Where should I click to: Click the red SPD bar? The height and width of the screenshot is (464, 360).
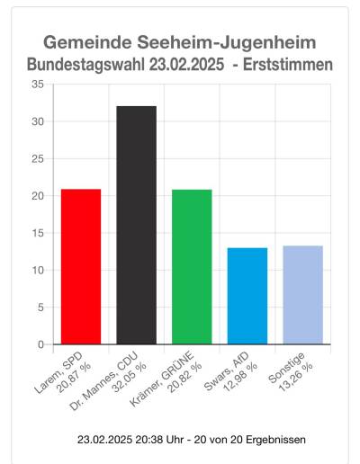[81, 267]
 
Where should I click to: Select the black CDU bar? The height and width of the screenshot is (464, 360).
[137, 225]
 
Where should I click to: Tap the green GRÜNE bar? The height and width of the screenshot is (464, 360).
[192, 267]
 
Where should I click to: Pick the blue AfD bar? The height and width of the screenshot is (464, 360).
[247, 296]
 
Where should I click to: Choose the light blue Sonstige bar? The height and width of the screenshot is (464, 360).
[303, 295]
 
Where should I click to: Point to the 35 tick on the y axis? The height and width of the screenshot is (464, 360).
[37, 85]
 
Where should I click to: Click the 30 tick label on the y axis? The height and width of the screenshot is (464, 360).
[37, 121]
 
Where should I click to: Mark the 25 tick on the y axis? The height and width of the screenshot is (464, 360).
[37, 159]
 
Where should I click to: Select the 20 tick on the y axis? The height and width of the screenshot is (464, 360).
[37, 196]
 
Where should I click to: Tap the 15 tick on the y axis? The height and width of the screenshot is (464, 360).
[37, 233]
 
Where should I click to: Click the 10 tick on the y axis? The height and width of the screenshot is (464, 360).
[37, 271]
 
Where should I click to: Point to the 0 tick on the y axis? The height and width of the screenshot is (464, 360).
[40, 344]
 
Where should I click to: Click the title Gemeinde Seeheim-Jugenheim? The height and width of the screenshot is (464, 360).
[180, 43]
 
